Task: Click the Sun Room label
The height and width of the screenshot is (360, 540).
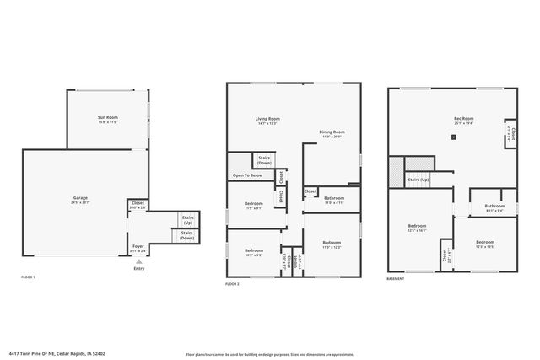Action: (107, 117)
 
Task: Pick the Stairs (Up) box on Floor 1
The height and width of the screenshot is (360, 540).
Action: (186, 219)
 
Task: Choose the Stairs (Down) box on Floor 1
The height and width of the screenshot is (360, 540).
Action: (186, 235)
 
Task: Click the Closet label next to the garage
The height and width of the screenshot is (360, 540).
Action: (137, 204)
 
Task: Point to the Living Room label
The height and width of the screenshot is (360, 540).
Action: (267, 120)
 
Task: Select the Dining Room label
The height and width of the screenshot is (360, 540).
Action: (332, 132)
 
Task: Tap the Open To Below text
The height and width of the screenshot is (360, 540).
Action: (248, 175)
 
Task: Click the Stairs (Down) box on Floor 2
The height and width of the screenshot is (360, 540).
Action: (264, 160)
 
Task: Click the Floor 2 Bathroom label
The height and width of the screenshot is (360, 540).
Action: (335, 200)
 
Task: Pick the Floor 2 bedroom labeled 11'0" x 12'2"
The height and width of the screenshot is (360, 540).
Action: (332, 244)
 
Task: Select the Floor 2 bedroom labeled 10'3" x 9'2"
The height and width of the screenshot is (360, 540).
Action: (254, 251)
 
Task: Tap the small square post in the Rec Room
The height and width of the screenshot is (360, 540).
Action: (454, 136)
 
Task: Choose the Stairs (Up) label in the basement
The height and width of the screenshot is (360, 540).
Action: (418, 180)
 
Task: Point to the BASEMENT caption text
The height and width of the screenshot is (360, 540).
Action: (397, 278)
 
